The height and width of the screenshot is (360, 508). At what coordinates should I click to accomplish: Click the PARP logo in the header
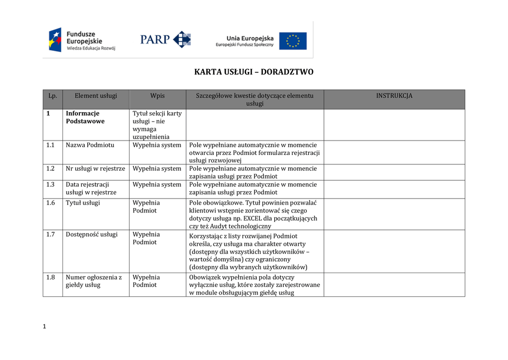(x=165, y=39)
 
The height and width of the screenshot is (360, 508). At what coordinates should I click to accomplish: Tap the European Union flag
(x=292, y=41)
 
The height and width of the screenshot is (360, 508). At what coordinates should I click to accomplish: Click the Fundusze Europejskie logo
(x=82, y=40)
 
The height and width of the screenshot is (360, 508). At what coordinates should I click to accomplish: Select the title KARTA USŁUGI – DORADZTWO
(x=254, y=72)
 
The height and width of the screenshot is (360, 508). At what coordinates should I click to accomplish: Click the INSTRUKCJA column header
(x=394, y=96)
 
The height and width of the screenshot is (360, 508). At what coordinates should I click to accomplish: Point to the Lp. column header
(x=53, y=96)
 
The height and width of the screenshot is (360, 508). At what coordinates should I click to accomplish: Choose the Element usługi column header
(x=96, y=96)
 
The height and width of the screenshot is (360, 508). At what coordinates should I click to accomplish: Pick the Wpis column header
(x=157, y=96)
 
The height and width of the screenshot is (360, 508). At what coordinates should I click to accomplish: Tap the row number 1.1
(x=50, y=145)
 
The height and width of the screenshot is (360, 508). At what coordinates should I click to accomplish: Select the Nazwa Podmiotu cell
(x=90, y=145)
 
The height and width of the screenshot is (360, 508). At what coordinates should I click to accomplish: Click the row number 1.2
(x=50, y=169)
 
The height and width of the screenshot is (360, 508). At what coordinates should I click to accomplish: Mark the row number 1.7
(x=50, y=234)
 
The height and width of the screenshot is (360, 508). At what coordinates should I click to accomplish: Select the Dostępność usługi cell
(x=91, y=234)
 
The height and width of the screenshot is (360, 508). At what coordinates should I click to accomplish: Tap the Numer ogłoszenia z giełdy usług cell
(x=94, y=281)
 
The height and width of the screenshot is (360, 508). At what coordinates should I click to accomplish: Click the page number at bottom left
(x=44, y=326)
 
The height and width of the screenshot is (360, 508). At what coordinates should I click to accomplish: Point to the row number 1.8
(x=50, y=277)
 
